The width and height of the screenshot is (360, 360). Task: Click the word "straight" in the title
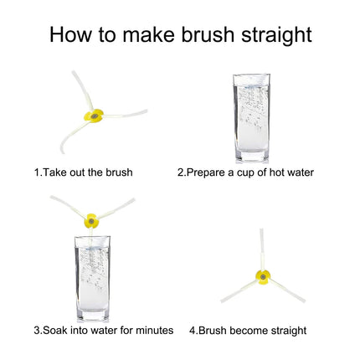[276, 35]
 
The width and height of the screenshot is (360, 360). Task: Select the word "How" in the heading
[71, 34]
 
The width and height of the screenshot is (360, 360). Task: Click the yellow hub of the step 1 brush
[94, 116]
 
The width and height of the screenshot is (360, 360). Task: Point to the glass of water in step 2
[252, 118]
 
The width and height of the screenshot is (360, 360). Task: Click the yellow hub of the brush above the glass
[91, 221]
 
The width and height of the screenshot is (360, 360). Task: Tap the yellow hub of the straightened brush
[263, 277]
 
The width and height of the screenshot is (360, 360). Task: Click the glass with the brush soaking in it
[93, 279]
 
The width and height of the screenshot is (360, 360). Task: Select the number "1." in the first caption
[38, 172]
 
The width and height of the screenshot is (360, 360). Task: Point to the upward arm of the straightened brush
[262, 249]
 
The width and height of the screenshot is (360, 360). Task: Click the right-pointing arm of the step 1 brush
[125, 114]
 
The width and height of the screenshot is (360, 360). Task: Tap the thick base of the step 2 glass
[252, 157]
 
